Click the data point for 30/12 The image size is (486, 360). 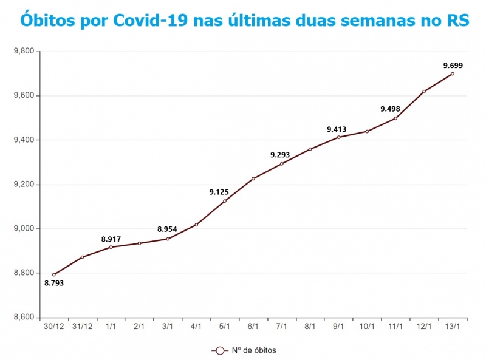click(x=54, y=274)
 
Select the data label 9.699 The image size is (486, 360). click(x=453, y=65)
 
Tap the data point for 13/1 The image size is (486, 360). click(x=453, y=74)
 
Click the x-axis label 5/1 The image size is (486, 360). click(x=225, y=326)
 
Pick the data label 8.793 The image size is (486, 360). click(x=54, y=283)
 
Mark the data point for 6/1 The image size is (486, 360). click(x=253, y=178)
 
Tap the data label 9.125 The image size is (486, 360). click(x=219, y=192)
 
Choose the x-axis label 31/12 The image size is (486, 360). click(x=82, y=326)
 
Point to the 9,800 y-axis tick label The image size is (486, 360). click(x=24, y=52)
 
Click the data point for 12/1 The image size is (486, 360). click(x=424, y=92)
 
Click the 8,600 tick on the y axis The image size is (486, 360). click(x=24, y=318)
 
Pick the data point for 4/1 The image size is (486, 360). click(x=196, y=225)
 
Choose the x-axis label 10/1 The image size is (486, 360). click(x=367, y=326)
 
